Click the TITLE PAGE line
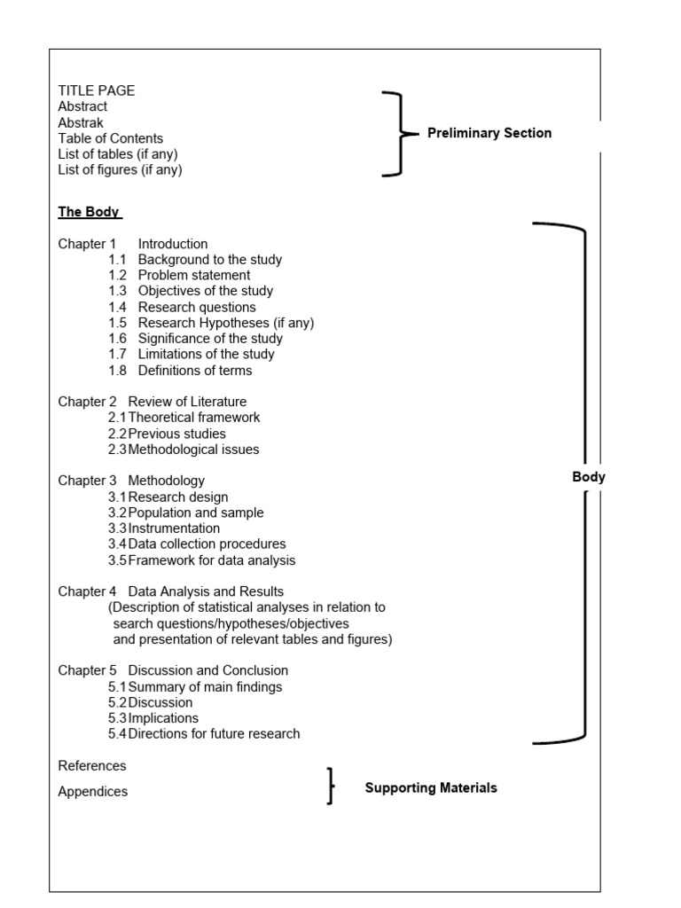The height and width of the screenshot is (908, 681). tap(97, 90)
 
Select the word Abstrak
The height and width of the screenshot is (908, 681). tap(81, 122)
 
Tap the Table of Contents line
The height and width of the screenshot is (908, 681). tap(111, 138)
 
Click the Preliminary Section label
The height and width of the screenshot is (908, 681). tap(489, 133)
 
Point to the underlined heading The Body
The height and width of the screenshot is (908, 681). tap(89, 212)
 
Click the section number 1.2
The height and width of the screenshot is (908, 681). tap(118, 275)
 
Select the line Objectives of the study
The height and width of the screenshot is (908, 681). tap(206, 291)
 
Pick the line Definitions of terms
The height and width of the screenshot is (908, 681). tap(195, 371)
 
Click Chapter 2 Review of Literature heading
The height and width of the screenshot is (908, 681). tap(153, 402)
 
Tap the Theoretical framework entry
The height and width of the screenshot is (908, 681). tap(194, 417)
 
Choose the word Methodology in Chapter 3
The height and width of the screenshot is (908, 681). tap(167, 481)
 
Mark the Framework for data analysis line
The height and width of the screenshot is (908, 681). tap(212, 560)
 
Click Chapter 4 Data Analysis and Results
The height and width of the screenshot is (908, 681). tap(171, 591)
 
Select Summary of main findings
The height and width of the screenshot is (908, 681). tap(205, 686)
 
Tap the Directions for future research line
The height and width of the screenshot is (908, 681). tap(214, 734)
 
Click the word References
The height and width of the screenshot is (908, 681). tap(92, 765)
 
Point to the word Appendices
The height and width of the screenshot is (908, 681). tap(93, 792)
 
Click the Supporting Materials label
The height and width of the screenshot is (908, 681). tap(431, 787)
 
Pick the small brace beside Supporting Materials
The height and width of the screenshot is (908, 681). tap(331, 787)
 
